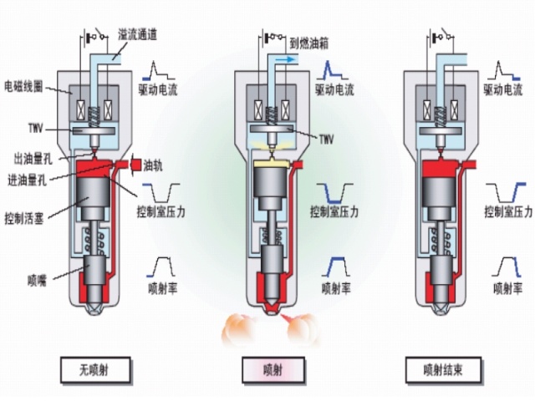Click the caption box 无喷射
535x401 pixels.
pos(94,369)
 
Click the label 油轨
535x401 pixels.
pos(153,164)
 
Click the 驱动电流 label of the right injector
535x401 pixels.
pos(509,86)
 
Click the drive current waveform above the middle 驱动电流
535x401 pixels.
pos(329,68)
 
